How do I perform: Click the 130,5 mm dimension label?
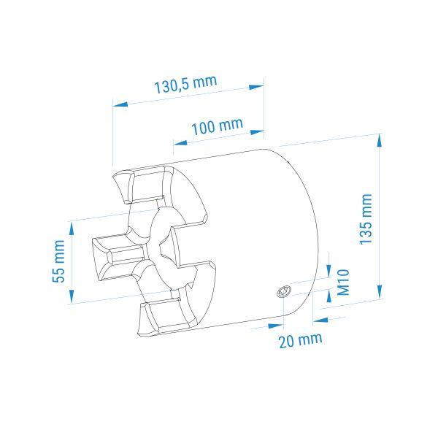tap(185, 84)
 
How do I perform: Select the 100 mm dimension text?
tap(217, 126)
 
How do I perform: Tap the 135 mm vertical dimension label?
tap(366, 219)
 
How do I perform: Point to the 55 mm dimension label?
tap(58, 261)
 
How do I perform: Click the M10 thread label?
tap(343, 282)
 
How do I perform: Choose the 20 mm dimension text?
tap(301, 340)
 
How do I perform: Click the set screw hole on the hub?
tap(284, 291)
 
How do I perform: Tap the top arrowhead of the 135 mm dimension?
tap(379, 140)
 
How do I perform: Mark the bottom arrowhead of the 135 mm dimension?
tap(380, 291)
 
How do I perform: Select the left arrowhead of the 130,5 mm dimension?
tap(120, 104)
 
